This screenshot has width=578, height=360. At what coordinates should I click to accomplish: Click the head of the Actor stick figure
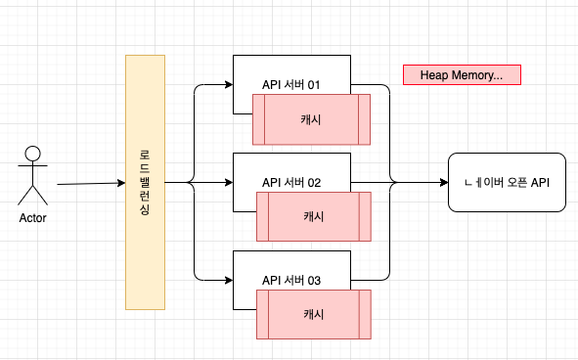(x=33, y=154)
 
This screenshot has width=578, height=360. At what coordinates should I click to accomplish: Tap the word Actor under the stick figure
(x=33, y=218)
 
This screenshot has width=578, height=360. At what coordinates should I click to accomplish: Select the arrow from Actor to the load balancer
(x=91, y=183)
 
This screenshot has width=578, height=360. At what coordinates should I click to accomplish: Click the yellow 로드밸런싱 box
(x=146, y=182)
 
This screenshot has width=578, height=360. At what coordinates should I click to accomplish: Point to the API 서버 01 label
(x=291, y=85)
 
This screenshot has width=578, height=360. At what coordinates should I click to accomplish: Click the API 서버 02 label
(x=291, y=183)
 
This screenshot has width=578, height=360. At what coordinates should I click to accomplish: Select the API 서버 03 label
(x=291, y=281)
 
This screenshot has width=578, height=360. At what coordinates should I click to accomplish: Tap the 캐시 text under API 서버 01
(x=311, y=119)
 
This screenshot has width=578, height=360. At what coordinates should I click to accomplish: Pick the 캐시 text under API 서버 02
(x=314, y=216)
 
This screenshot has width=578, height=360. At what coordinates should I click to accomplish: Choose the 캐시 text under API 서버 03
(x=314, y=314)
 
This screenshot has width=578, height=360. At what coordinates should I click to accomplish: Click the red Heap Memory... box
(x=462, y=75)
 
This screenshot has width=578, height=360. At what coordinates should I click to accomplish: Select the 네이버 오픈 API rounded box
(x=507, y=182)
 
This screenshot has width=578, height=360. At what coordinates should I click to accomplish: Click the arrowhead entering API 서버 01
(x=229, y=85)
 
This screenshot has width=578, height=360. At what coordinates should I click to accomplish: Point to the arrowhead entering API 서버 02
(x=229, y=183)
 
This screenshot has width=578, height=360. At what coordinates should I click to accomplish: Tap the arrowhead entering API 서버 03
(x=229, y=281)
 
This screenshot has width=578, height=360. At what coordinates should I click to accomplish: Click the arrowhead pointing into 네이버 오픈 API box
(x=444, y=182)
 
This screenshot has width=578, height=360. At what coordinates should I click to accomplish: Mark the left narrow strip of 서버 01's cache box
(x=259, y=119)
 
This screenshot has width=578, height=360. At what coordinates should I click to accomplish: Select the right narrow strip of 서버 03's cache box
(x=365, y=314)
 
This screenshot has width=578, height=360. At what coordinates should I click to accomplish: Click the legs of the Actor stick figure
(x=33, y=195)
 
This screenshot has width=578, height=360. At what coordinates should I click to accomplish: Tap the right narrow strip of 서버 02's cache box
(x=365, y=216)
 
